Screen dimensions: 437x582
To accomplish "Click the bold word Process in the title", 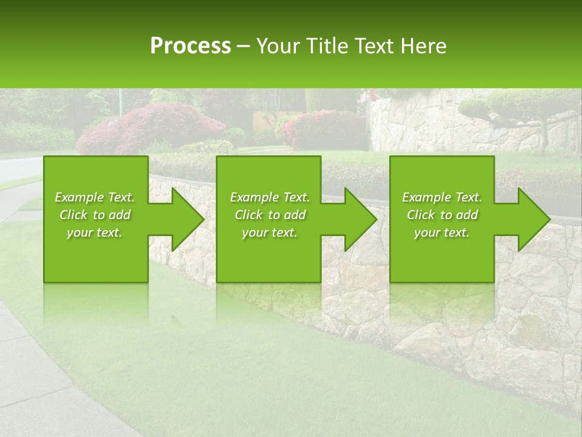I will (190, 46).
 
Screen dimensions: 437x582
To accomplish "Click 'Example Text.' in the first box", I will (95, 197).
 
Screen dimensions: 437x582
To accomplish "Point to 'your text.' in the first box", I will (95, 233).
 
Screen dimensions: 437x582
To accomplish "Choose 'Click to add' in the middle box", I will (270, 215).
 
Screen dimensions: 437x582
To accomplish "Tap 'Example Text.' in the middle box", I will (270, 197).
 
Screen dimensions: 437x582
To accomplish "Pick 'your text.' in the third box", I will (442, 233).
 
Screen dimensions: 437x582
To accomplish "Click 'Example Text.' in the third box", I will (442, 197).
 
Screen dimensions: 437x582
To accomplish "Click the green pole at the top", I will (121, 100).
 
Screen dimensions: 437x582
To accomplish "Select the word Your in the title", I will (278, 46).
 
